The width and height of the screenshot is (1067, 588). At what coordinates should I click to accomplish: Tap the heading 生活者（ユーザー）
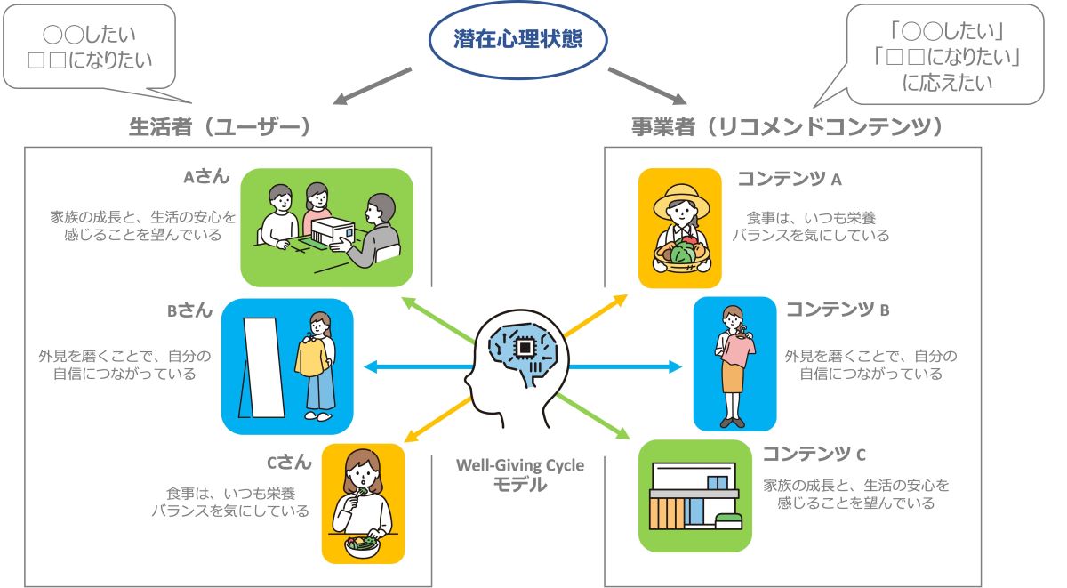[x=220, y=127]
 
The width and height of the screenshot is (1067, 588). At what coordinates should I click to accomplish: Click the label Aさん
[x=206, y=176]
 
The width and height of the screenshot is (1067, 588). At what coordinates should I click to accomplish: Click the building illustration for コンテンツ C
[x=694, y=495]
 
